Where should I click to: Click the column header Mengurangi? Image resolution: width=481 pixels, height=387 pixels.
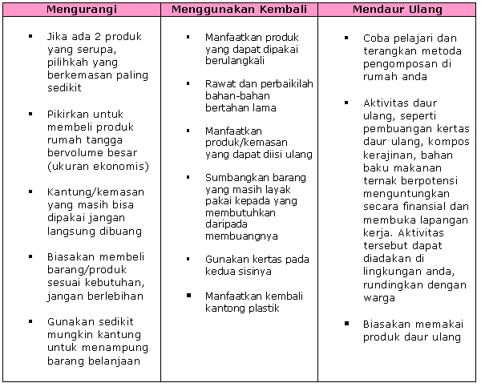tap(81, 10)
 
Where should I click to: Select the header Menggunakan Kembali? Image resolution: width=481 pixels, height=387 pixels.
tap(240, 10)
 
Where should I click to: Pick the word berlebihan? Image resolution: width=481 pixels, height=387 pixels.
tap(116, 296)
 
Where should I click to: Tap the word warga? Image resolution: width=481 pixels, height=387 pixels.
tap(379, 298)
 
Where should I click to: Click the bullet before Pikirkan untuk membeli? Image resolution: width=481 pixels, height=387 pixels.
tap(30, 115)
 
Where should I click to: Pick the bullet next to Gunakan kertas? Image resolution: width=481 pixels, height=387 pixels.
tap(188, 260)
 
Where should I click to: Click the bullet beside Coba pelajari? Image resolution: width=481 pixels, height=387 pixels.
tap(346, 38)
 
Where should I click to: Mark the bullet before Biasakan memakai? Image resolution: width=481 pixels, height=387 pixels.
tap(346, 324)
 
